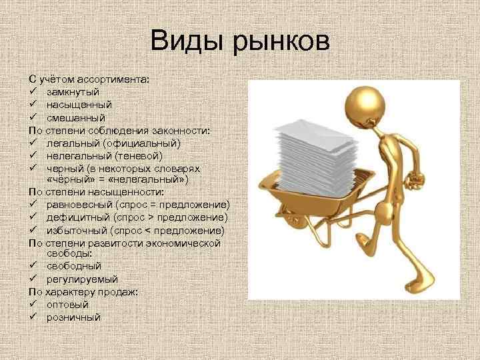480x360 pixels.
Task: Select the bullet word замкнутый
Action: coord(73,92)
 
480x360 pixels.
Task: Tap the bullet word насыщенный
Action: coord(79,105)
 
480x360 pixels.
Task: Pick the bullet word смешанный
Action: coord(76,117)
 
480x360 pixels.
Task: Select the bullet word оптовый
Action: coord(67,305)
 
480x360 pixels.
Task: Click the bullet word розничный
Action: coord(73,317)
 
